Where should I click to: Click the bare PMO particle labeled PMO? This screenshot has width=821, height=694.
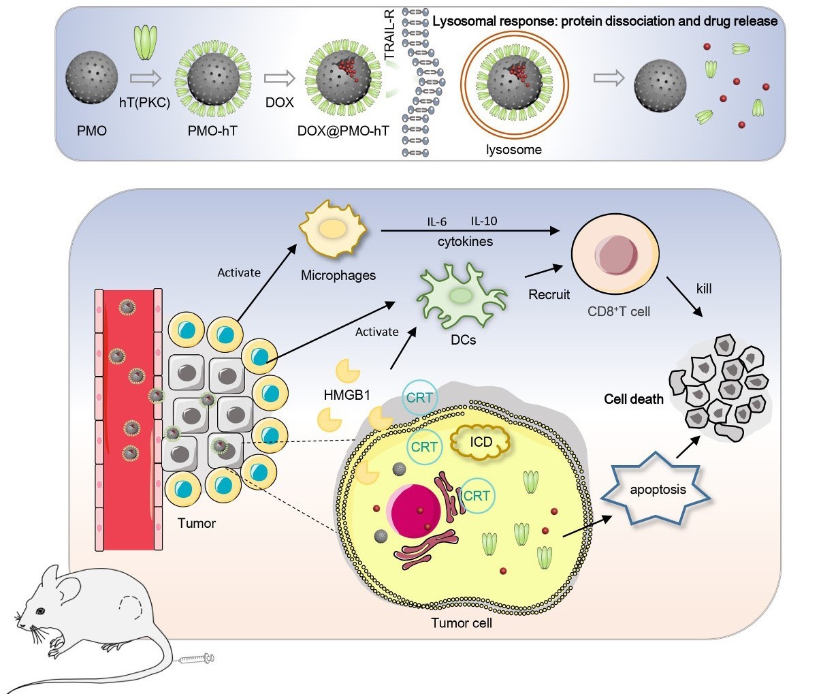click(x=92, y=79)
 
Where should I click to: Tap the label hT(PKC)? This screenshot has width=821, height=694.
click(x=144, y=103)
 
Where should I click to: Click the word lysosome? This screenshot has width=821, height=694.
click(x=514, y=149)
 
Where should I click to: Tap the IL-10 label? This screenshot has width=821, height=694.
click(x=484, y=221)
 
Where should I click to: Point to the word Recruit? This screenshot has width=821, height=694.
click(x=549, y=295)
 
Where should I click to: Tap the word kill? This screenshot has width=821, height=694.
click(x=704, y=289)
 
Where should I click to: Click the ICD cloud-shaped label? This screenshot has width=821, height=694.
click(x=481, y=443)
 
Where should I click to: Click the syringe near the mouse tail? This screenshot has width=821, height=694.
click(x=196, y=659)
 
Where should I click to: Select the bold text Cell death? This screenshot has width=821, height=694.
click(x=633, y=399)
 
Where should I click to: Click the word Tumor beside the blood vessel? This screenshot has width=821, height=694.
click(x=196, y=523)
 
